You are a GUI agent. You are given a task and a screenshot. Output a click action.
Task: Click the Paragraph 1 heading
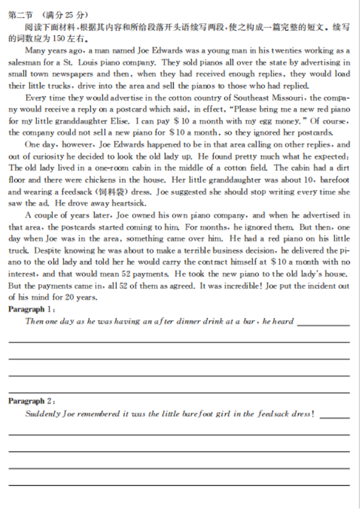tap(30, 309)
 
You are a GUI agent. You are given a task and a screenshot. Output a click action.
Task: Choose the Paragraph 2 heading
tap(30, 401)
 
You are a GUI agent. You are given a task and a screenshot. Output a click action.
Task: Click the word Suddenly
tap(42, 414)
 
